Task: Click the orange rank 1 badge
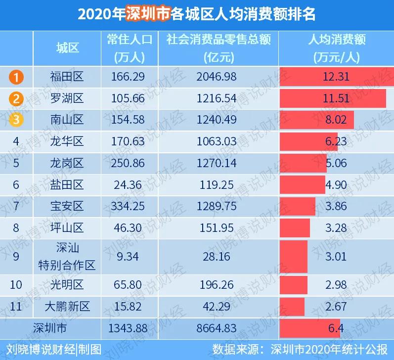click(x=16, y=77)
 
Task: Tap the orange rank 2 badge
click(x=16, y=98)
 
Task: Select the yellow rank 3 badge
click(x=16, y=120)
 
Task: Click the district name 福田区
click(x=67, y=77)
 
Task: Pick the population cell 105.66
click(x=129, y=98)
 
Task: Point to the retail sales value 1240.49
click(x=217, y=120)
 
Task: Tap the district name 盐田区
click(x=67, y=184)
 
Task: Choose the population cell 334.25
click(x=129, y=206)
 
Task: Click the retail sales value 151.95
click(x=217, y=228)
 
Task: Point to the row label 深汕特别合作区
click(x=67, y=256)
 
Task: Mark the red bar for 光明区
click(x=293, y=285)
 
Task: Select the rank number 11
click(x=16, y=306)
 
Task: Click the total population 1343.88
click(x=129, y=328)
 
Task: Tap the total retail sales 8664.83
click(x=217, y=328)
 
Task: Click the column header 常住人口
click(x=129, y=40)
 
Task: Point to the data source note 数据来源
click(x=233, y=349)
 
